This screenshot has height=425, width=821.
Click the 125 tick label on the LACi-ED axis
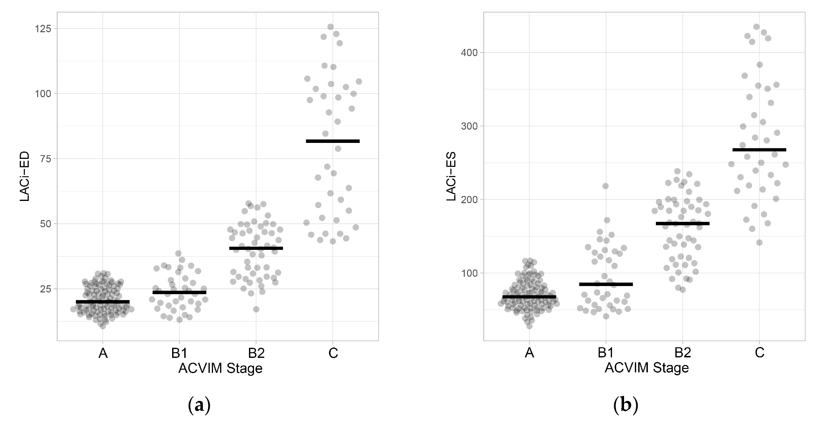[43, 29]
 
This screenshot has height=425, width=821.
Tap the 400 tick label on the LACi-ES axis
[469, 52]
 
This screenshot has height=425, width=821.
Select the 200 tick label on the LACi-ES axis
[469, 199]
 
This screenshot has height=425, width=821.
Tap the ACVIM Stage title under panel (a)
[220, 368]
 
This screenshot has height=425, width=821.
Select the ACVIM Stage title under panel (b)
[647, 368]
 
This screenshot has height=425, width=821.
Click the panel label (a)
[199, 405]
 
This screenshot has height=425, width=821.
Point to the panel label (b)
[626, 405]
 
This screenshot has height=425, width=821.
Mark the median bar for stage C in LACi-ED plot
[332, 141]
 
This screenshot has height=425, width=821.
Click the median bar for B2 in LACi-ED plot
[256, 248]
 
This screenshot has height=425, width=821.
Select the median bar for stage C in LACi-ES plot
[759, 150]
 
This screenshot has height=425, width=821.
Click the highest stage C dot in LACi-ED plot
[330, 27]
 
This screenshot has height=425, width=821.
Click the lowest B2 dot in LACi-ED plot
[256, 309]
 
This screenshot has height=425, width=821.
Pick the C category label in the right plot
[760, 353]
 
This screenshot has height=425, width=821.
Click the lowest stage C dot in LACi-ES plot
[759, 243]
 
